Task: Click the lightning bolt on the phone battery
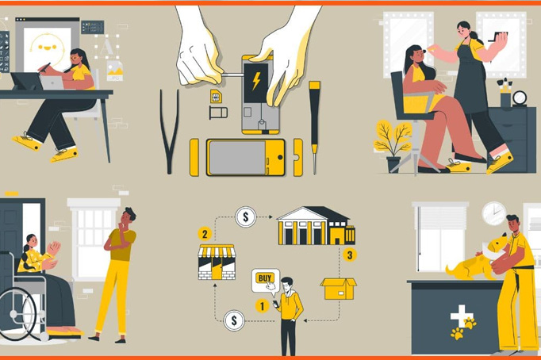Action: pos(256,81)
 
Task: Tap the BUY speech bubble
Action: pos(265,281)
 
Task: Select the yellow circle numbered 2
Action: pos(205,234)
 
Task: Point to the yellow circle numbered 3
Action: pos(350,255)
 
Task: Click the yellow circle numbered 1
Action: pos(262,306)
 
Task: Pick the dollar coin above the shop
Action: pos(246,217)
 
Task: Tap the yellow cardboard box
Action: pos(339,289)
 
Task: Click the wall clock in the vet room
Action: pos(493,213)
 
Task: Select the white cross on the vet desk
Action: pos(460,315)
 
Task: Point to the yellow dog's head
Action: pos(497,245)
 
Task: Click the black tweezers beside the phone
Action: pos(169,131)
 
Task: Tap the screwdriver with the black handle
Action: pos(314,127)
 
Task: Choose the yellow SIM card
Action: pos(216,96)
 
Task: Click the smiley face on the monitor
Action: pos(48,48)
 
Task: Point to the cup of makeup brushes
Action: pos(505,92)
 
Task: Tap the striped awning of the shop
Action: pos(217,251)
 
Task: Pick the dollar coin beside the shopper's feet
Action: pos(234,320)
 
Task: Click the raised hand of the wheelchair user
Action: pos(54,248)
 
